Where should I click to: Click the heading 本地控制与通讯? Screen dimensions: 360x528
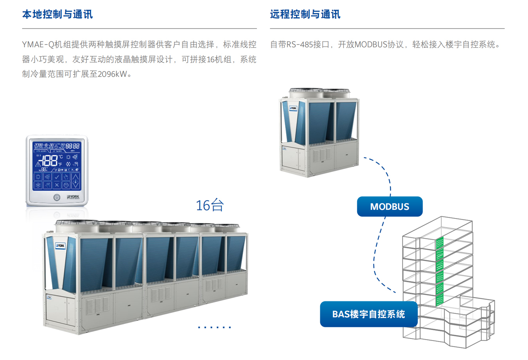pos(57,14)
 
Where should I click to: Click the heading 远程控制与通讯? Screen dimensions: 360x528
pos(305,14)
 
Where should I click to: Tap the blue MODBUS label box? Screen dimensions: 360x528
pos(390,206)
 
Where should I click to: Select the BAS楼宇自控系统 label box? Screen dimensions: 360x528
pos(368,314)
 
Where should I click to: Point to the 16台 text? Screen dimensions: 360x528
pos(210,205)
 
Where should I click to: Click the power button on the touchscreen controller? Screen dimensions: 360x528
pos(57,197)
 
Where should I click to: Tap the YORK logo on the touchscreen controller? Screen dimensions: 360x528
pos(73,197)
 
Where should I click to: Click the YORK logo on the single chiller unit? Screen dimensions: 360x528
pos(293,108)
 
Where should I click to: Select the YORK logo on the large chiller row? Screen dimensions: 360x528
pos(60,245)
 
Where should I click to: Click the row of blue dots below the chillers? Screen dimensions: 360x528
pos(214,327)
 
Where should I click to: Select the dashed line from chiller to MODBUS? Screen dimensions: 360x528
pos(385,172)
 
